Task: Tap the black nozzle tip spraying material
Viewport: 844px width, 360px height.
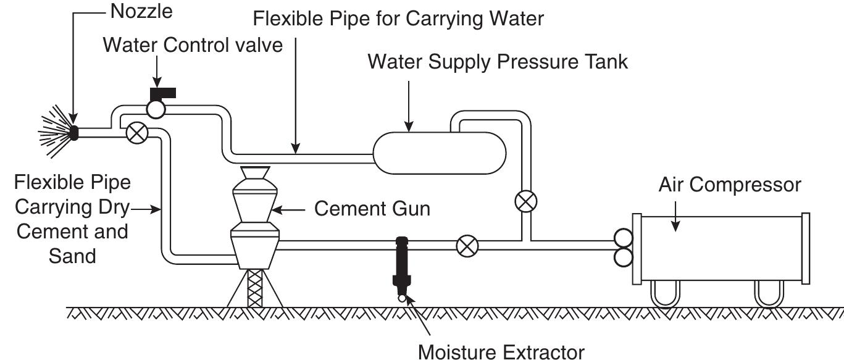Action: point(74,132)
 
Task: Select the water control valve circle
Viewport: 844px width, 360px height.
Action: point(155,109)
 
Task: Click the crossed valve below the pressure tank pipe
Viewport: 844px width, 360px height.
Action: point(525,201)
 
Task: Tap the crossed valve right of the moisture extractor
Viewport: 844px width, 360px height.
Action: point(467,246)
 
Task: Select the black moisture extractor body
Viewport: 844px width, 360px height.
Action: point(401,262)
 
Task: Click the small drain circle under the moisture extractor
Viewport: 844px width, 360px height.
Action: point(401,298)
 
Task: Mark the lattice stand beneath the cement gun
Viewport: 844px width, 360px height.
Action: point(254,289)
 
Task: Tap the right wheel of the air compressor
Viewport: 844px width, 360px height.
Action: point(769,295)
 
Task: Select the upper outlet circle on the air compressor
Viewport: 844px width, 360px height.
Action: point(622,237)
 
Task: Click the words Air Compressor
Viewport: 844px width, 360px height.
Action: point(729,185)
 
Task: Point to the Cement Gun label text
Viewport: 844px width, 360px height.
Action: point(372,209)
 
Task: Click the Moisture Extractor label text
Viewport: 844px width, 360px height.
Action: point(501,353)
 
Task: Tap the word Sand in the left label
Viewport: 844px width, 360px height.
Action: point(72,255)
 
